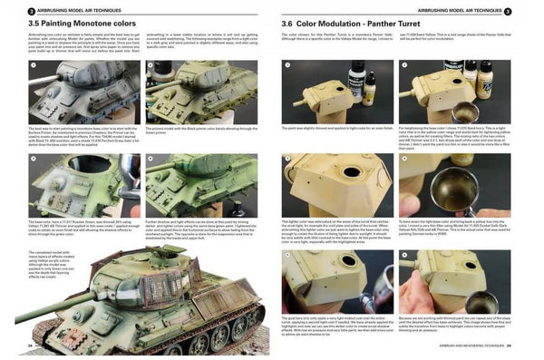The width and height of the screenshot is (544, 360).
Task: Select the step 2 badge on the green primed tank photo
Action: pyautogui.click(x=151, y=66)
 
